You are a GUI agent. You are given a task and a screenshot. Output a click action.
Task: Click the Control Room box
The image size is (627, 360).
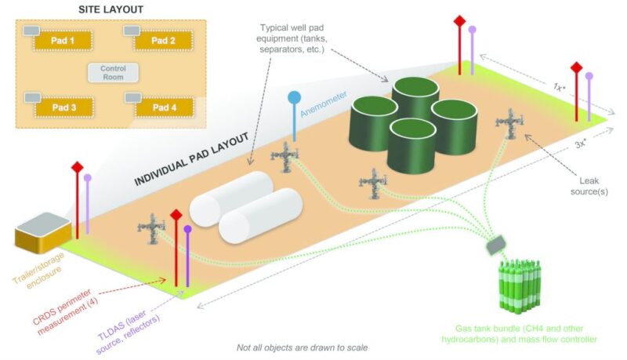pyautogui.click(x=114, y=73)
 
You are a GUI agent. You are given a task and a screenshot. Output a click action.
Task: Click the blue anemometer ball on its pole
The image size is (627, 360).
pyautogui.click(x=295, y=98)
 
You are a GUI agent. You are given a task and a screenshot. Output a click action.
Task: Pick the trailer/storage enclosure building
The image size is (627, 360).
pyautogui.click(x=44, y=236)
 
